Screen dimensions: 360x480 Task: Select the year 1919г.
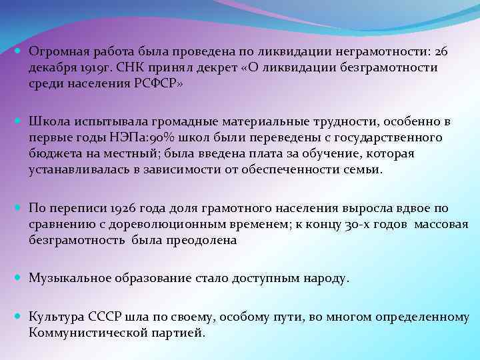coord(93,68)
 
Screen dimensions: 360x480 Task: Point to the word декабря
coord(50,68)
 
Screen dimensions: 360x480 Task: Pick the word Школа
coord(47,121)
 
